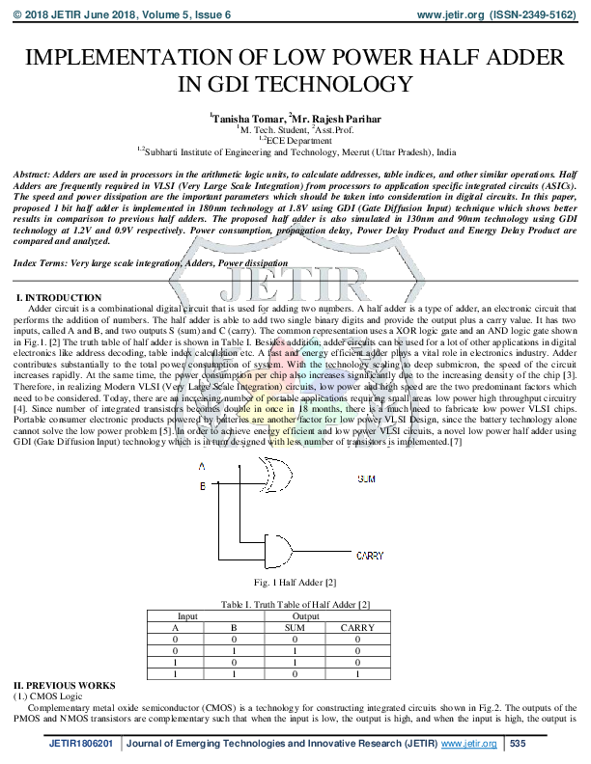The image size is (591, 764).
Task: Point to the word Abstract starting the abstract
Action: [x=33, y=172]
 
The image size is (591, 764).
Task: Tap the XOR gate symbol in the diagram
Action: [x=279, y=475]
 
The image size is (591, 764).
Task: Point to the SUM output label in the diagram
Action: [x=367, y=477]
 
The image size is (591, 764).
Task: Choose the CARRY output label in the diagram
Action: [x=370, y=556]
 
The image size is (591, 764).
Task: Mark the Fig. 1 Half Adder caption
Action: [x=295, y=583]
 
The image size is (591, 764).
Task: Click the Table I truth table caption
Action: [x=295, y=603]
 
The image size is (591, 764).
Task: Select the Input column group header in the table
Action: [x=187, y=614]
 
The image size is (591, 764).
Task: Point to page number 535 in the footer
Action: [x=517, y=744]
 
